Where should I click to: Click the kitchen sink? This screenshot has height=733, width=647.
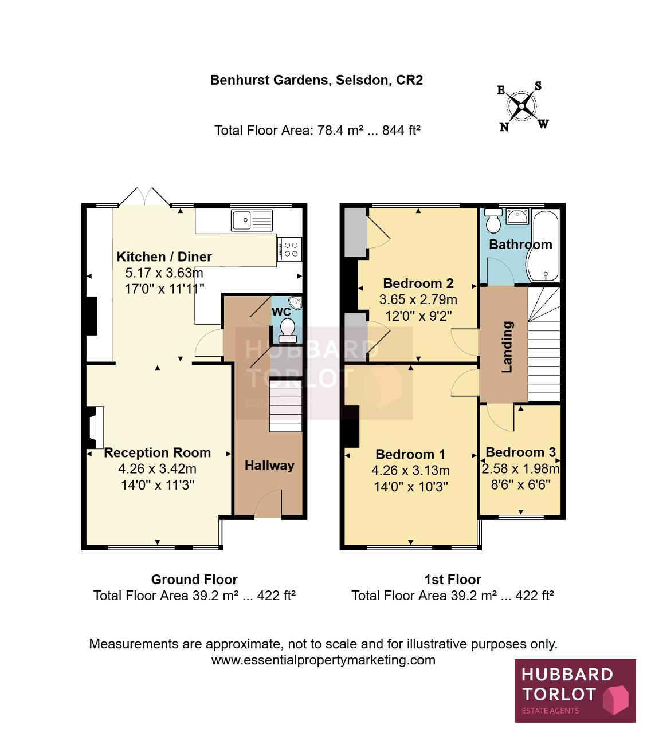coord(252,220)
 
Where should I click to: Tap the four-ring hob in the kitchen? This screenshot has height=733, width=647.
coord(289,249)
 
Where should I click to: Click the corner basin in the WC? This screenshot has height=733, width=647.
coord(296,303)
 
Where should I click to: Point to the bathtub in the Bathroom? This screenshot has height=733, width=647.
coord(543,246)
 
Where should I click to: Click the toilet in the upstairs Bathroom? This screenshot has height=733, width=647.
coord(493,220)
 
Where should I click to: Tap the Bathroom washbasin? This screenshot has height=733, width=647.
coord(517,217)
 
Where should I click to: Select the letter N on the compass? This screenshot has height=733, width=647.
coord(504,127)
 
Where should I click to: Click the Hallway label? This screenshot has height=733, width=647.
coord(269,465)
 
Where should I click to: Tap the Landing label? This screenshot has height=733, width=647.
coord(507,346)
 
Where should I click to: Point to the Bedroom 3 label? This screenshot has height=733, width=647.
coord(521,452)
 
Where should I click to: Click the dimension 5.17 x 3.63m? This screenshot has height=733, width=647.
coord(164,273)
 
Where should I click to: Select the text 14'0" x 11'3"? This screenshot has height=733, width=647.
coord(158,485)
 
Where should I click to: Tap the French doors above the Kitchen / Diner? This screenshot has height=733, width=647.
coord(145,197)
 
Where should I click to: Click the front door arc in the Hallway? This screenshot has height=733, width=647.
coord(268,503)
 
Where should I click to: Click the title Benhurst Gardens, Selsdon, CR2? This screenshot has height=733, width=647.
coord(316,80)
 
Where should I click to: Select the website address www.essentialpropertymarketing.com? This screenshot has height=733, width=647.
coord(323,660)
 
